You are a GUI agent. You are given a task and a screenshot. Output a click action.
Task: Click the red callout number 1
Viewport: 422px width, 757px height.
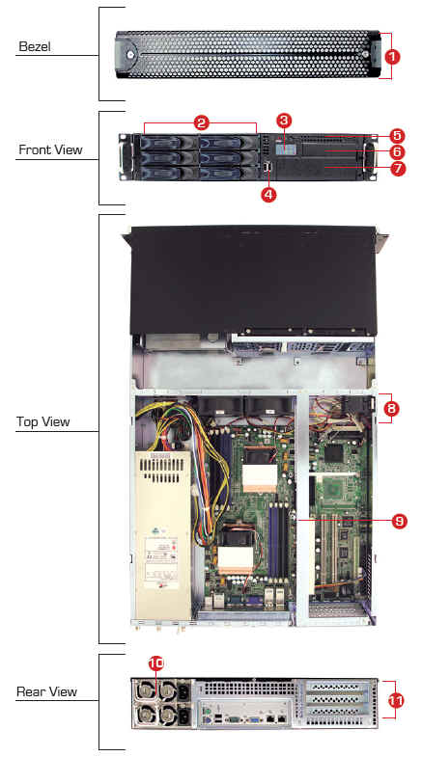click(x=392, y=57)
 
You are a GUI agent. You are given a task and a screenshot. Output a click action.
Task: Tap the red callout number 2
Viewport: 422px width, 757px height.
click(x=201, y=122)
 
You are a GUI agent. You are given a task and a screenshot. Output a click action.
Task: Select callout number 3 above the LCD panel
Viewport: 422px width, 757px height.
click(x=284, y=121)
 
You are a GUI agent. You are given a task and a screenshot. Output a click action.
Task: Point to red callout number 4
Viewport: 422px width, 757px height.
click(x=268, y=194)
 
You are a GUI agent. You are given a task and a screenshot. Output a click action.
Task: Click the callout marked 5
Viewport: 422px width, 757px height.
click(x=398, y=136)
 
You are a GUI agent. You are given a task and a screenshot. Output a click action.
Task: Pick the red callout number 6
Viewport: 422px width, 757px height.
click(x=398, y=152)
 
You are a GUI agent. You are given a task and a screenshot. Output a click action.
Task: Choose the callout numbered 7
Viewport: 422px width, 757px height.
click(x=398, y=169)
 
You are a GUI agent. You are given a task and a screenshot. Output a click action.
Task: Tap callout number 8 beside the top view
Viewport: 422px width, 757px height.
click(x=391, y=409)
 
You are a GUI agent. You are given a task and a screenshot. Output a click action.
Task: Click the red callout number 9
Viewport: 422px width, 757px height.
click(x=399, y=521)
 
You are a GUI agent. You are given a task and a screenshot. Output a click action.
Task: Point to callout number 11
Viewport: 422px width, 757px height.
click(x=396, y=700)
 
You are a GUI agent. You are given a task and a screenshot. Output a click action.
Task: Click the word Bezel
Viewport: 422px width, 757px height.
click(x=35, y=47)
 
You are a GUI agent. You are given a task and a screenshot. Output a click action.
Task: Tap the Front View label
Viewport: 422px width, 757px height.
click(x=50, y=149)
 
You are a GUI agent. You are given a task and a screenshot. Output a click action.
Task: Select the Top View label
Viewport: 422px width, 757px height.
click(x=43, y=421)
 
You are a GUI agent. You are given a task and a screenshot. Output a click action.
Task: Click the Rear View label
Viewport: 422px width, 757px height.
click(x=47, y=691)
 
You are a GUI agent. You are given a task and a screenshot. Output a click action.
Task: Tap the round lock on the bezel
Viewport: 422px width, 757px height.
click(x=131, y=54)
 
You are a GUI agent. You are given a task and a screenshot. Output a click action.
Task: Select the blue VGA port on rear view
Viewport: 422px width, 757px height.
click(x=252, y=718)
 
